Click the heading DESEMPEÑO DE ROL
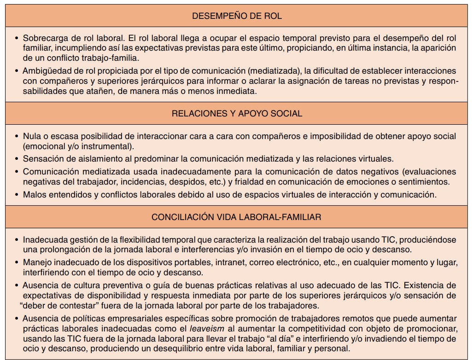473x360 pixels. (236, 16)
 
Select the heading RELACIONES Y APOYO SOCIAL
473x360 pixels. (237, 114)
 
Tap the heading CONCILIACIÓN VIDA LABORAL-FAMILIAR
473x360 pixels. (236, 217)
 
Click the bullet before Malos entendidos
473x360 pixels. (17, 194)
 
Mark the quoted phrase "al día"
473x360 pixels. (273, 339)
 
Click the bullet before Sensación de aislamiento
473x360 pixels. (17, 159)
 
